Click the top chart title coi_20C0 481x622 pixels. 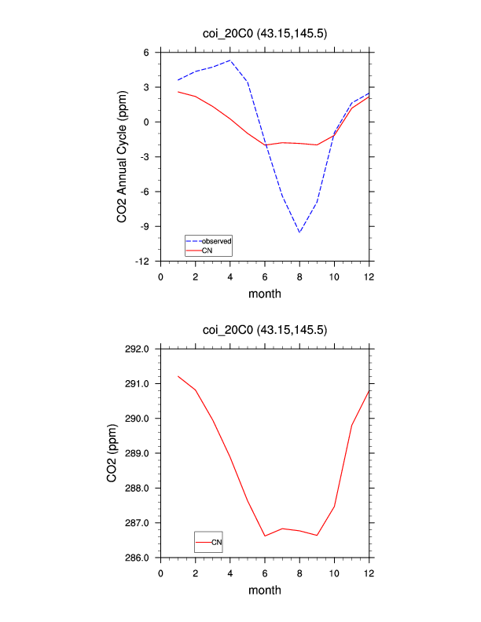click(x=264, y=33)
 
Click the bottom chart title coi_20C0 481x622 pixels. click(x=264, y=330)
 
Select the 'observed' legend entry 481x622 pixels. click(x=216, y=240)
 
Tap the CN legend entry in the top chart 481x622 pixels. click(x=207, y=250)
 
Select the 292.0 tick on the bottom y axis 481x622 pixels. click(x=140, y=349)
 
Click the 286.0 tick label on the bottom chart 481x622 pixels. click(x=140, y=558)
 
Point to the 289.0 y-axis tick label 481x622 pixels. click(x=140, y=453)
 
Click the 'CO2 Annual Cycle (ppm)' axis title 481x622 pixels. click(x=123, y=157)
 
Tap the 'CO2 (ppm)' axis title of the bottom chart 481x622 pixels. click(x=112, y=453)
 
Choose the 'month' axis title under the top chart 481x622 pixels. click(x=265, y=294)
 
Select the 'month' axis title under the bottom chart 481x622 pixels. click(x=265, y=590)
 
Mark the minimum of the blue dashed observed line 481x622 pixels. click(x=299, y=232)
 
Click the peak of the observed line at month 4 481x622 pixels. click(x=230, y=60)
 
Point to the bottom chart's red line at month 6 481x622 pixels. click(x=265, y=536)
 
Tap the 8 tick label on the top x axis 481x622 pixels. click(x=299, y=276)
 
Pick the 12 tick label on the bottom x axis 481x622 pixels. click(x=369, y=573)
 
